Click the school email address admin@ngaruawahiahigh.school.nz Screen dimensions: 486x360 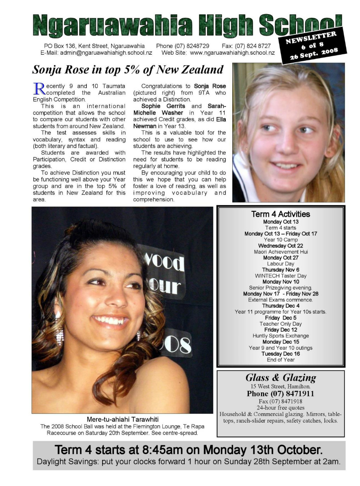point(106,53)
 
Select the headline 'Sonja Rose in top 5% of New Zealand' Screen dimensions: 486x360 point(128,70)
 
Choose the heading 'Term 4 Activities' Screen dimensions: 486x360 point(281,214)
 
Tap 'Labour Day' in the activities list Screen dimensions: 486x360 point(281,264)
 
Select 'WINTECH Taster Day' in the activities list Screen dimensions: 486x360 point(281,276)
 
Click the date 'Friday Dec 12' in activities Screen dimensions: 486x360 point(281,330)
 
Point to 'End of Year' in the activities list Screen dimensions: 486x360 point(281,360)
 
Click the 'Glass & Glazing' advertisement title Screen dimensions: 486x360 point(281,378)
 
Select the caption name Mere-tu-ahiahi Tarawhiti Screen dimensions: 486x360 point(122,419)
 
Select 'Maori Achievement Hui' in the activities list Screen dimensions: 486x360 point(281,252)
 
